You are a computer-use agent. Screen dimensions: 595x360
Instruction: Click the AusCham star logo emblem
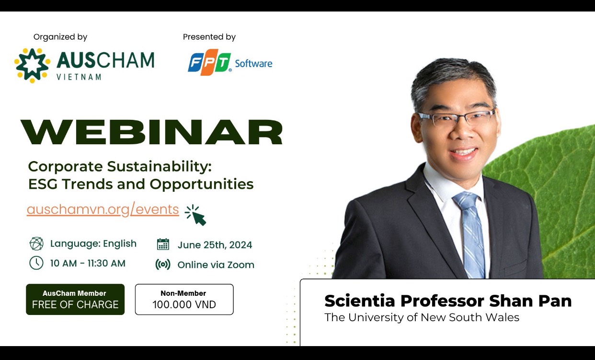point(32,65)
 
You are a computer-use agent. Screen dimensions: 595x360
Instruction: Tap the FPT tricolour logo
point(209,62)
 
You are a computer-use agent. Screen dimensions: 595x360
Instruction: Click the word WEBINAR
point(151,132)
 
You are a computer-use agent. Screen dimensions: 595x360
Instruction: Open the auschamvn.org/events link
point(103,209)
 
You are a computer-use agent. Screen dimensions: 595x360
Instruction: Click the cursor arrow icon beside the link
point(196,215)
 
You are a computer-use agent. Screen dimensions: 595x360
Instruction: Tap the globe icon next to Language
point(36,244)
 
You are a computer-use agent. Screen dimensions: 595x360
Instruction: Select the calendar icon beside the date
point(163,244)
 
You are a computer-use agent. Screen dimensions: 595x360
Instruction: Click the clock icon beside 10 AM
point(36,263)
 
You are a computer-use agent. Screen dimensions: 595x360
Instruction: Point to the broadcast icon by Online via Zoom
point(163,265)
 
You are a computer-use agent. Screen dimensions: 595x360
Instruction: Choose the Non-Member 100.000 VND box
point(184,300)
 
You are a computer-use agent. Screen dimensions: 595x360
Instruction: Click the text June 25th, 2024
point(215,245)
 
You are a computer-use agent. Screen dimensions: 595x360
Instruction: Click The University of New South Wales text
point(422,317)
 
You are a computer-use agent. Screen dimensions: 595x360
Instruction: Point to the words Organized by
point(60,37)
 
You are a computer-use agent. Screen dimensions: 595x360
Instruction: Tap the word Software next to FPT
point(253,64)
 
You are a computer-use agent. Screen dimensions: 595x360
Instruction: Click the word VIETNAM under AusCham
point(79,77)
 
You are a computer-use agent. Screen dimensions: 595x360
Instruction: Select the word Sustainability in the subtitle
point(159,167)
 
